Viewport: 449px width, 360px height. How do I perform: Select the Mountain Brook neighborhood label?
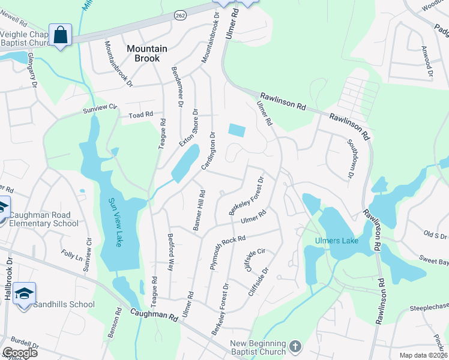[143, 53]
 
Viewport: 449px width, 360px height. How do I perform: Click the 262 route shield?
[180, 14]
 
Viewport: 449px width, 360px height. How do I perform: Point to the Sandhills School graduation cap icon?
[24, 294]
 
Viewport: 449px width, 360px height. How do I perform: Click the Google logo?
[19, 353]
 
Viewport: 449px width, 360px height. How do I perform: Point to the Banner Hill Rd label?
[199, 210]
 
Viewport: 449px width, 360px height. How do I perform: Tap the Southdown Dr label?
[349, 159]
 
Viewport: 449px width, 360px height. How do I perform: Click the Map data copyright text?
[423, 355]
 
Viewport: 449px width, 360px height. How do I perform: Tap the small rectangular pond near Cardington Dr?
[237, 130]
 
